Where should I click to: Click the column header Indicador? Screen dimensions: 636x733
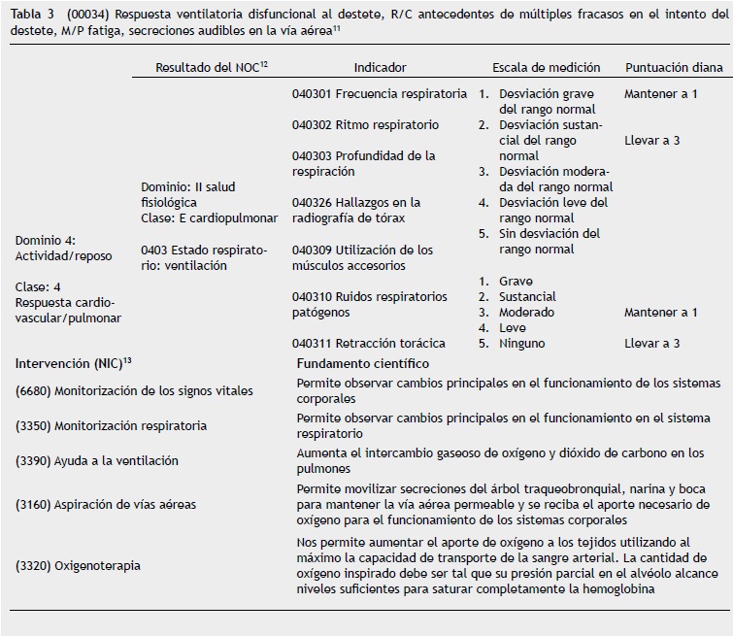tap(381, 68)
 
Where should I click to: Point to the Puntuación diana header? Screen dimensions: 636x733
tap(674, 68)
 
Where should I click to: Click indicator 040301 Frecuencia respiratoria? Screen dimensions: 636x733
tap(379, 94)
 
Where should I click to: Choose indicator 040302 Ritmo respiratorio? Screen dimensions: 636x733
tap(365, 125)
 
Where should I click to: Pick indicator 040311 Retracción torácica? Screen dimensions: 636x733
tap(368, 343)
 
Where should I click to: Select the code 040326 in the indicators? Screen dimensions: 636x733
tap(312, 203)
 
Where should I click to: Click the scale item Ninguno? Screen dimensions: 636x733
tap(521, 343)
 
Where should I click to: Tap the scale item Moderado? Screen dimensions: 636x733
tap(526, 313)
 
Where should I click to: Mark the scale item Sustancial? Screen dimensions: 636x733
tap(527, 297)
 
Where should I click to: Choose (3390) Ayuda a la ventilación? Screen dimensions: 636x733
tap(97, 461)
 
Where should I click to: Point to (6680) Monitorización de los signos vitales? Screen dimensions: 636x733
tap(134, 391)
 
